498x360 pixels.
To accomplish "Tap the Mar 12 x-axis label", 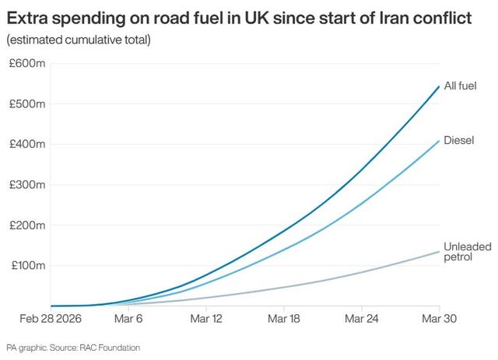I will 205,319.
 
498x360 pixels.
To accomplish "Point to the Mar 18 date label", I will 284,319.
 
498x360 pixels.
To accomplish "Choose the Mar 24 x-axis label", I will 362,319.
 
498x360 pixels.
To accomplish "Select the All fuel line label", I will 461,86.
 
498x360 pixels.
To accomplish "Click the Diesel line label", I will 458,141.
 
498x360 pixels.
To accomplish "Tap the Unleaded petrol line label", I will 467,252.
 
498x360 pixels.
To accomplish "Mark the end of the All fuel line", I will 440,86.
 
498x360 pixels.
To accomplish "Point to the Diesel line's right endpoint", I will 440,140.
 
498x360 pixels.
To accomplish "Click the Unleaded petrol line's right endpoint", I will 440,251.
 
